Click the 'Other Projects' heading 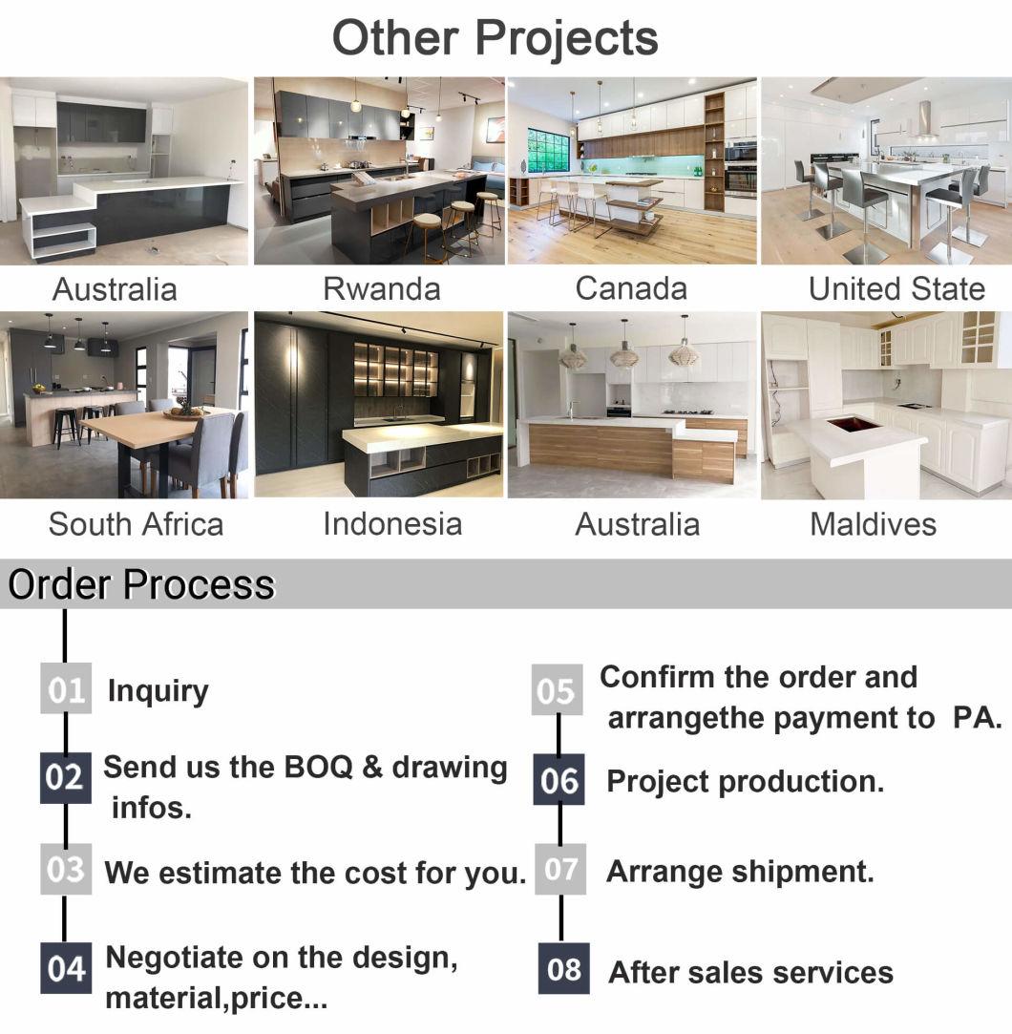[x=495, y=38]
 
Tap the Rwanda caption [x=382, y=289]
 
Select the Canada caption [x=631, y=288]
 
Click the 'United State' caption [x=896, y=289]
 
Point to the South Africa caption [x=136, y=524]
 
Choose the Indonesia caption [x=392, y=524]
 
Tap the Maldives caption [x=873, y=524]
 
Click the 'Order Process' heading [x=141, y=584]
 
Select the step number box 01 [x=66, y=688]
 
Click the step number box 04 [x=66, y=968]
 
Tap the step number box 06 [x=559, y=779]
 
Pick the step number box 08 [x=563, y=968]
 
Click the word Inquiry [x=158, y=692]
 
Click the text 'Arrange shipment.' [x=740, y=872]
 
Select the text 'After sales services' [x=751, y=973]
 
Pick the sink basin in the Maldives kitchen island [x=854, y=423]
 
